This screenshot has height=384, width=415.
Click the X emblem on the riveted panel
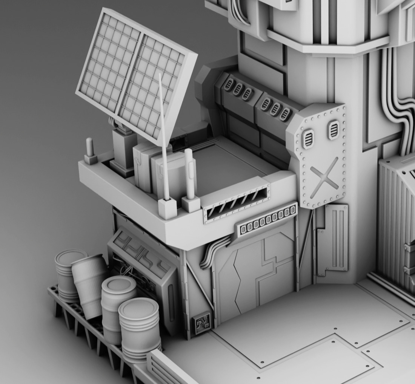tap(324, 177)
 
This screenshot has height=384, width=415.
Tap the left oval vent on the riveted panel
tap(309, 138)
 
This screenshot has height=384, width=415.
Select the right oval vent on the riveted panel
tap(334, 130)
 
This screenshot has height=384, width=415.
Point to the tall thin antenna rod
tap(163, 136)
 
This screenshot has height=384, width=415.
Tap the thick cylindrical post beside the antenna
tap(189, 173)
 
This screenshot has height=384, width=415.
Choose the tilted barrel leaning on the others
tap(90, 285)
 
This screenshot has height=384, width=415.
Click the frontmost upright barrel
tap(140, 328)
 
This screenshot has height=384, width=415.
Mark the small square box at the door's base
tap(201, 323)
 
